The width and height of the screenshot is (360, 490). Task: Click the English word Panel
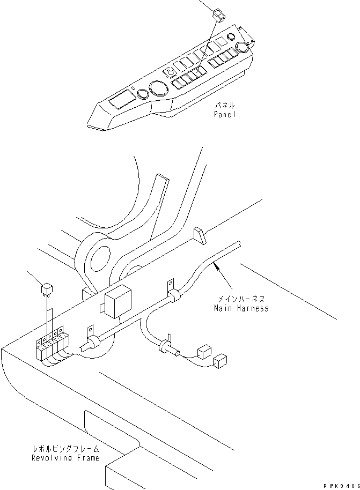click(x=225, y=114)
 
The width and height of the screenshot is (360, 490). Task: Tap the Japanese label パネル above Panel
click(x=225, y=106)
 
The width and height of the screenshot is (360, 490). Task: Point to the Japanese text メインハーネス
click(x=241, y=299)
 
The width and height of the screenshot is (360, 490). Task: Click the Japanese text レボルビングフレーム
click(x=66, y=449)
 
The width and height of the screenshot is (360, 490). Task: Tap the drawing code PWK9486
click(x=342, y=486)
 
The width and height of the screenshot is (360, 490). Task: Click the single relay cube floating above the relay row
click(x=47, y=289)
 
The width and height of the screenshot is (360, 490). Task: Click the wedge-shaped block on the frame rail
click(x=199, y=235)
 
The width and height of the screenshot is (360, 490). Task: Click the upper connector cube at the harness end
click(x=204, y=352)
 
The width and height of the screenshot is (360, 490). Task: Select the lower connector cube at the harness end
click(x=220, y=361)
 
